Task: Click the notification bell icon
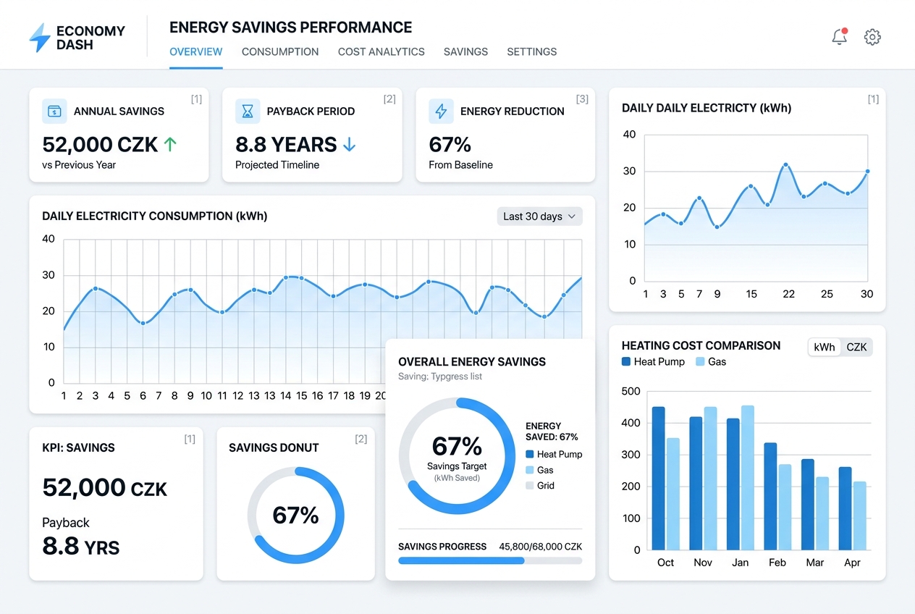pos(839,37)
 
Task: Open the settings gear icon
pos(872,37)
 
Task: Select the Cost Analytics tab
pos(381,52)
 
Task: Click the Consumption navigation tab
pos(280,52)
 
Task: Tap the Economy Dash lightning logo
pos(40,38)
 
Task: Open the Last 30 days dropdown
pos(539,216)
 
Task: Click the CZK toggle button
pos(856,347)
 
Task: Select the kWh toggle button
pos(825,347)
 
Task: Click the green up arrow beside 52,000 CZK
pos(170,144)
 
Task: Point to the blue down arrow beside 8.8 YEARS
pos(349,144)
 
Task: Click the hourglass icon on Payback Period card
pos(248,112)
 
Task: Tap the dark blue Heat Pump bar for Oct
pos(658,477)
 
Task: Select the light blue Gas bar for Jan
pos(748,476)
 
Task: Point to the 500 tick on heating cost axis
pos(631,392)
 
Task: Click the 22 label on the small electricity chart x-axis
pos(788,294)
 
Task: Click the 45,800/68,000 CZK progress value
pos(540,547)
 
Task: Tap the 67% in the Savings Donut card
pos(295,516)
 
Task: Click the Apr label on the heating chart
pos(852,563)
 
